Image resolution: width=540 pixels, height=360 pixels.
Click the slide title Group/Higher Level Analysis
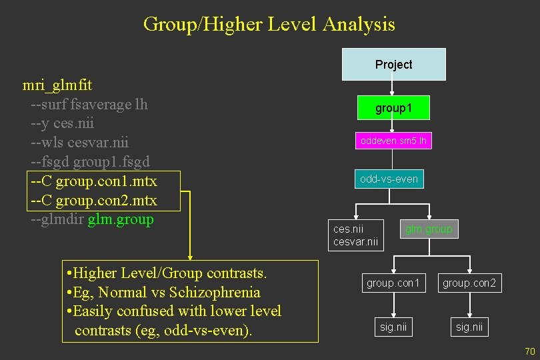(x=269, y=25)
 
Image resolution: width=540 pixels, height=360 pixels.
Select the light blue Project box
(x=393, y=65)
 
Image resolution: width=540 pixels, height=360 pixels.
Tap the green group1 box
(x=393, y=108)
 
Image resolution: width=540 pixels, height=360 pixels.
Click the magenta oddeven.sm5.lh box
(x=393, y=141)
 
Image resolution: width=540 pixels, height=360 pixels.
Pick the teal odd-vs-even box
(x=389, y=179)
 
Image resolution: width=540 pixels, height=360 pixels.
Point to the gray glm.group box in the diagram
(x=429, y=229)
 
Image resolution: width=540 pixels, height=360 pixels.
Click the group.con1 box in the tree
(x=393, y=283)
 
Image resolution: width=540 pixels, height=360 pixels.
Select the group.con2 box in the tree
(x=469, y=283)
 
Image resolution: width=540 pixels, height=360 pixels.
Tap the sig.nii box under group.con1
(x=393, y=327)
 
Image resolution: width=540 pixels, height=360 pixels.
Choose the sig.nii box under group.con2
(x=469, y=327)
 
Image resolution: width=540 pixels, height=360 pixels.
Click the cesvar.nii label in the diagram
(x=355, y=242)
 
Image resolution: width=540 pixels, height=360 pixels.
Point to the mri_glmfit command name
(x=57, y=85)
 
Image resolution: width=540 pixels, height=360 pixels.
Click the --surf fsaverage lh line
(x=89, y=105)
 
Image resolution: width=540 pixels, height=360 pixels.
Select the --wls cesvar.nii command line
(x=79, y=143)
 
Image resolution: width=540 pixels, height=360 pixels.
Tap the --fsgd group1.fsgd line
(x=90, y=162)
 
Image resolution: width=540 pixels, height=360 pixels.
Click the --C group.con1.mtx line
(x=93, y=181)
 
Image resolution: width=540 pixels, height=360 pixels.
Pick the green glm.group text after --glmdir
(x=121, y=219)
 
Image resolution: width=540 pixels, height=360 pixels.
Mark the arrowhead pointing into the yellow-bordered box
(x=190, y=255)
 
